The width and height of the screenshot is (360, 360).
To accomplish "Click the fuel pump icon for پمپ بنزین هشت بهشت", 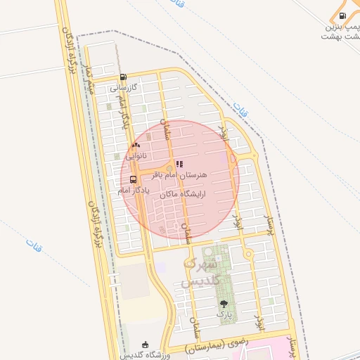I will [x=342, y=15].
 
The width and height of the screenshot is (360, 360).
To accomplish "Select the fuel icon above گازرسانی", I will [x=124, y=77].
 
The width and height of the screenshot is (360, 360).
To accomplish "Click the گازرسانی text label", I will [x=124, y=89].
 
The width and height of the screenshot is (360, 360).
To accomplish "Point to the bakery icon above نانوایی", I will [x=136, y=145].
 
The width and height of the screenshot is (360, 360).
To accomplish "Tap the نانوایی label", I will [x=136, y=156].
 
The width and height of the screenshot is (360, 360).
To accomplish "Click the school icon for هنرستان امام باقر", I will [x=179, y=163].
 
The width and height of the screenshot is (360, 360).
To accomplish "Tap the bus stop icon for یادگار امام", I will [x=134, y=179].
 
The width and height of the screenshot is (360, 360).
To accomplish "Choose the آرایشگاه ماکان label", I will [x=181, y=193].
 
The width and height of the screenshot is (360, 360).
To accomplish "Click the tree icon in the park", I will [x=224, y=304].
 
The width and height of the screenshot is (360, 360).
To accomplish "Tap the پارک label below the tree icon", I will [x=224, y=316].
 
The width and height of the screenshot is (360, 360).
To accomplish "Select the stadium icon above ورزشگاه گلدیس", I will [x=146, y=344].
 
